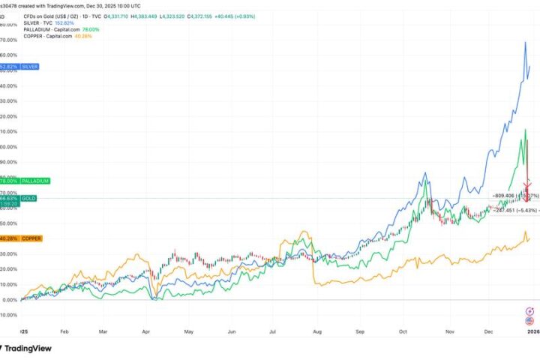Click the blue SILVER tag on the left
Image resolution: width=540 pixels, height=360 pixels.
19,67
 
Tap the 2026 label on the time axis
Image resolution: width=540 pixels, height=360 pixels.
532,329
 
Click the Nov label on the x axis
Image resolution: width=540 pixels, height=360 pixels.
449,329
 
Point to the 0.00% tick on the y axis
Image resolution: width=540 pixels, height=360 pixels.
9,299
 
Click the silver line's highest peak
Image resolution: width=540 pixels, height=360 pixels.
525,42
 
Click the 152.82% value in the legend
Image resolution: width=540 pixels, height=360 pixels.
78,21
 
